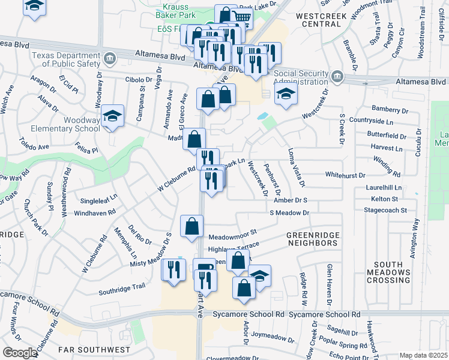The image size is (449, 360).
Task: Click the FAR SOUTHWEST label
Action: point(94,349)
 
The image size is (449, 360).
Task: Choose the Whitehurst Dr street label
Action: point(345,175)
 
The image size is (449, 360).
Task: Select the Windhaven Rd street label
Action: point(95,212)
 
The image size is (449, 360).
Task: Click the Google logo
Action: point(20,353)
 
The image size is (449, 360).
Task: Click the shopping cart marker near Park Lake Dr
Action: point(241,18)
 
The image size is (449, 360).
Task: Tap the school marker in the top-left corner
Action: point(35,6)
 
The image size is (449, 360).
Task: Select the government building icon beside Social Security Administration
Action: point(337,76)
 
